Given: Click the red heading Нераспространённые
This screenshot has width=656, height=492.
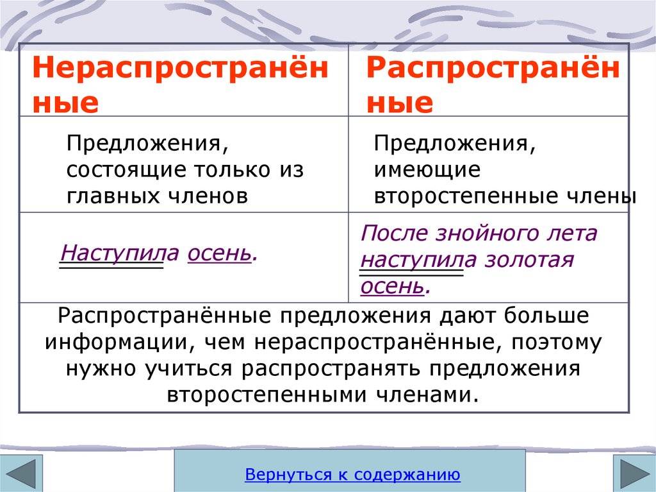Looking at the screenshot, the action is tap(180, 84).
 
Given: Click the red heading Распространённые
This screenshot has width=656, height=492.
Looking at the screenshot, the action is tap(493, 84).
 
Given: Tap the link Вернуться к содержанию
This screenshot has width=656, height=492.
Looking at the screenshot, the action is tap(353, 474).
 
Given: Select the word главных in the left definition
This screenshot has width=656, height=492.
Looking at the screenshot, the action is tap(113, 196).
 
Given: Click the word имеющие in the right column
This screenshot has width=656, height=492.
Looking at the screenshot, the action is tap(427, 170).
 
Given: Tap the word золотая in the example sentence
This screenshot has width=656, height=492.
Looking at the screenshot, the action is tap(529, 260).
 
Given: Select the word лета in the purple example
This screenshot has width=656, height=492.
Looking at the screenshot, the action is tap(573, 233).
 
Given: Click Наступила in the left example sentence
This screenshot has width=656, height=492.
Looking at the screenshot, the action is tap(120, 253).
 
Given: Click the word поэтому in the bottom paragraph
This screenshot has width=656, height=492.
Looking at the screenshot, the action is tap(556, 343).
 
